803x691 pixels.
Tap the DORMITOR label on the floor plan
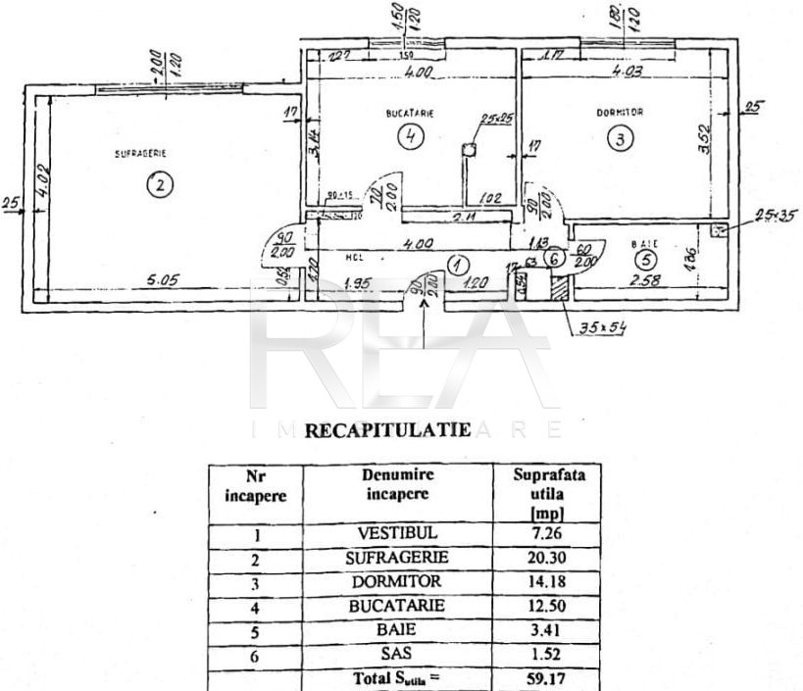click(620, 113)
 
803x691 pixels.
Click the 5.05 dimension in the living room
click(165, 282)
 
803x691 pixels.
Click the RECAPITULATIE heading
click(387, 429)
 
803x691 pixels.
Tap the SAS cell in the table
click(397, 652)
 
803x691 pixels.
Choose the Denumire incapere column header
click(397, 483)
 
